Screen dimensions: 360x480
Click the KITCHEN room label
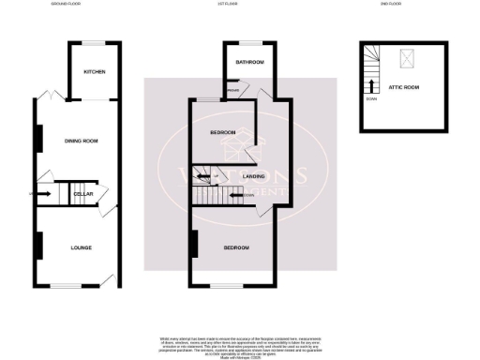click(94, 72)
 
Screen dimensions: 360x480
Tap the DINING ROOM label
click(81, 142)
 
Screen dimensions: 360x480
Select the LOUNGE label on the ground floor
click(81, 247)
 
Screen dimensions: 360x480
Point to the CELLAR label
click(83, 194)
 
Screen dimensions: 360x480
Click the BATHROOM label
click(249, 63)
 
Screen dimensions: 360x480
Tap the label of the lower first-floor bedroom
click(235, 247)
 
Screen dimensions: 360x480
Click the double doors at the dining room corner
click(46, 96)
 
